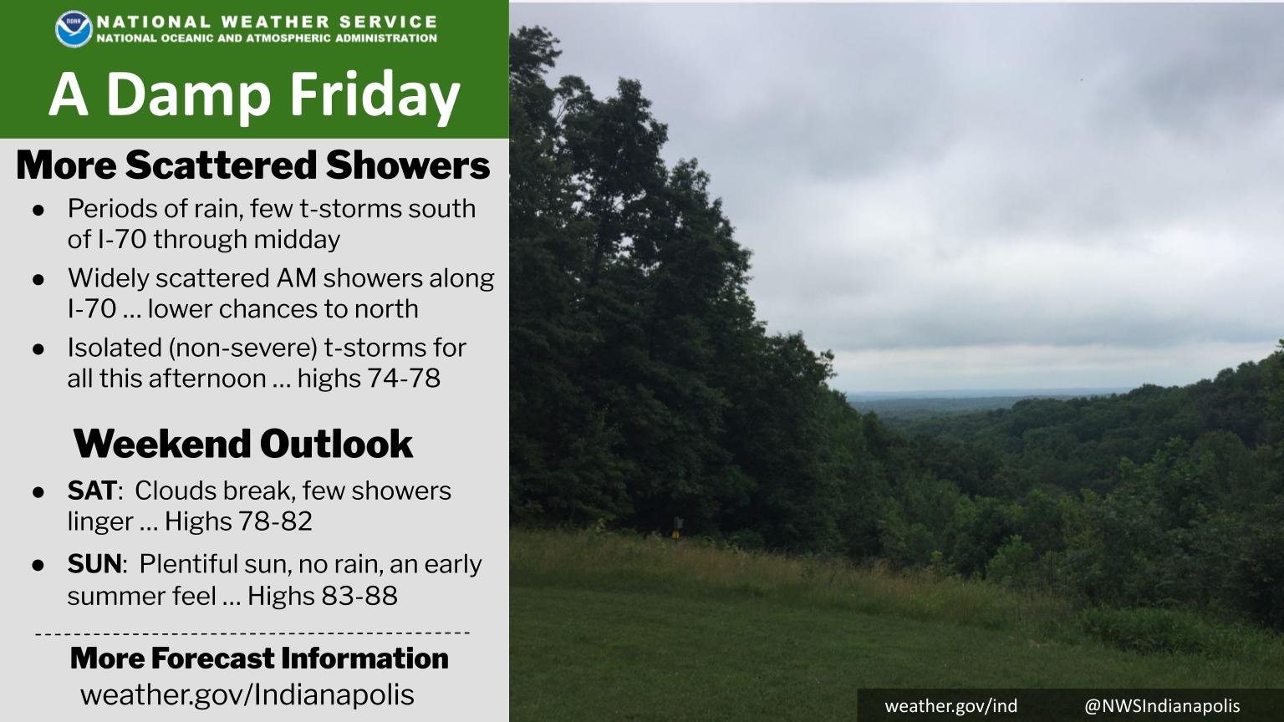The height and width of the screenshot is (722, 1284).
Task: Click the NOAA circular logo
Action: tap(74, 28)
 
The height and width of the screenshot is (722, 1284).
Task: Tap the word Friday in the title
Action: tap(366, 94)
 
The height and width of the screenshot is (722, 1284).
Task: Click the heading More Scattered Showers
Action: tap(252, 165)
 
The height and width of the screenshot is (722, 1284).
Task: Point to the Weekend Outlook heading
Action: tap(243, 444)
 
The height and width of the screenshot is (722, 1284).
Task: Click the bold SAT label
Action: tap(91, 491)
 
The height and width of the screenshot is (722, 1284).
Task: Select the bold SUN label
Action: tap(94, 564)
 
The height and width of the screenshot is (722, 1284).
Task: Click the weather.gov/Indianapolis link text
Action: tap(247, 694)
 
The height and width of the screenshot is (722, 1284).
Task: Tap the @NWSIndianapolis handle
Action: tap(1162, 705)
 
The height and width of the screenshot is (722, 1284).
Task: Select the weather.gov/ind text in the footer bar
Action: tap(951, 705)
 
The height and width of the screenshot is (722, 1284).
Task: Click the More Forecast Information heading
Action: tap(259, 658)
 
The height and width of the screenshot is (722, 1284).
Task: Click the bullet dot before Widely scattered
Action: tap(38, 279)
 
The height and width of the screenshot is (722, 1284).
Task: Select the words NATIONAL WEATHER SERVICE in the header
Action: tap(267, 22)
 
